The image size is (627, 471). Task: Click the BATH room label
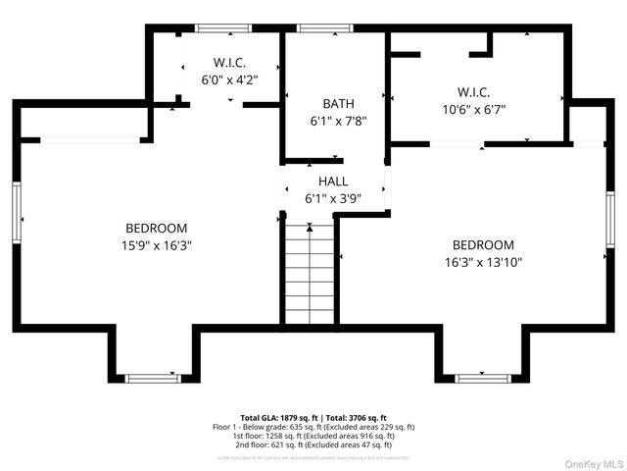point(338,103)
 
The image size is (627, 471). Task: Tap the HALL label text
point(333,182)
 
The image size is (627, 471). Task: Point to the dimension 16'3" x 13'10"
point(482,262)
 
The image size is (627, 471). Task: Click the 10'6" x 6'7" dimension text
point(473,110)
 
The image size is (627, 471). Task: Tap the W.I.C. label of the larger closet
point(474,93)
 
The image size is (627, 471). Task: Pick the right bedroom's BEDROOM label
point(482,244)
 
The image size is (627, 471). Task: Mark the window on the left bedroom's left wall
point(17,210)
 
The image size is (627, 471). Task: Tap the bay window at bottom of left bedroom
point(153,377)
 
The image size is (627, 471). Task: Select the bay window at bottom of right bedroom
point(483,377)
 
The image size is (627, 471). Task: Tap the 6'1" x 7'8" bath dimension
point(338,121)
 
